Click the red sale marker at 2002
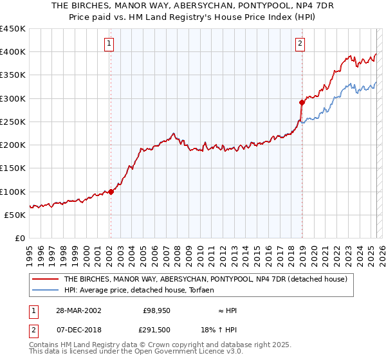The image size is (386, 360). (111, 192)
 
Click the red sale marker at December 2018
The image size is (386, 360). (302, 102)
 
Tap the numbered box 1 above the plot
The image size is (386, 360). (109, 44)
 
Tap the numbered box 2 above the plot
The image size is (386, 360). (300, 44)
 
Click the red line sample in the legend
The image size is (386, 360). (45, 279)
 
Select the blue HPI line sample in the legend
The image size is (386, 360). (45, 291)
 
